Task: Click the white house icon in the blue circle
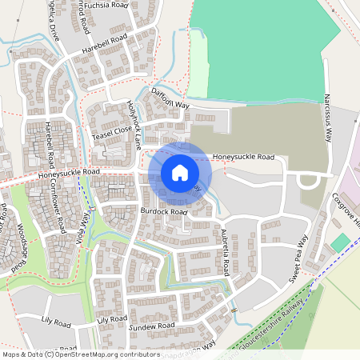(x=180, y=173)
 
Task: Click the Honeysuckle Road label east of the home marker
(x=244, y=158)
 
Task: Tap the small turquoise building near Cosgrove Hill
(x=340, y=241)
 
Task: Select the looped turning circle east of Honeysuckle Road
(x=307, y=182)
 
